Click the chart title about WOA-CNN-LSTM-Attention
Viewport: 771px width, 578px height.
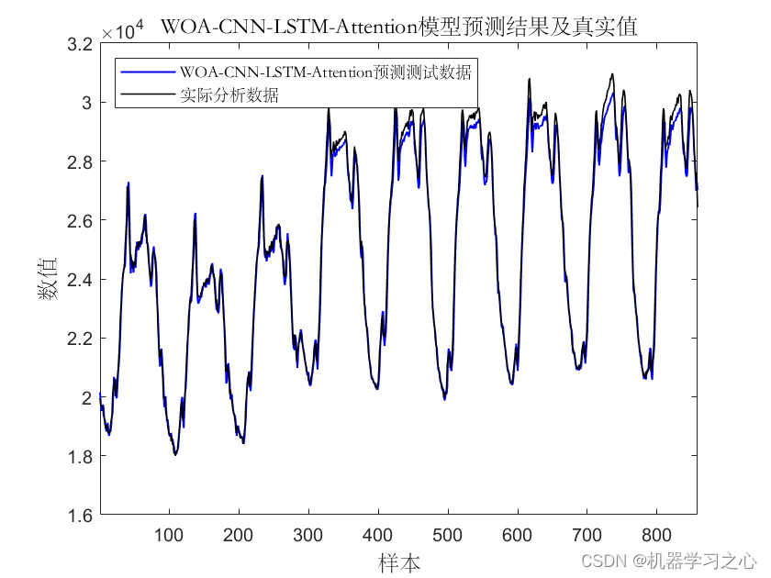point(399,27)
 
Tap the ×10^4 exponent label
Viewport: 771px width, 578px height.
point(122,30)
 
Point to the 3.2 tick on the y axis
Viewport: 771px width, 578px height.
point(80,44)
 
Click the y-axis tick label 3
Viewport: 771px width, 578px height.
point(87,103)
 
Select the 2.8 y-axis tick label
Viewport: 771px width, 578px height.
point(80,161)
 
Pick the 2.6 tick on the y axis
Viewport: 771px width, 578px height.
point(80,221)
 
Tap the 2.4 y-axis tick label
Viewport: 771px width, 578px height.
point(80,280)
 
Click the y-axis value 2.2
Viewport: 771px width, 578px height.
point(80,339)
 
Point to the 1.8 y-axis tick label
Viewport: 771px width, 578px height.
point(80,457)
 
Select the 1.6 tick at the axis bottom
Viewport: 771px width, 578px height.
point(80,516)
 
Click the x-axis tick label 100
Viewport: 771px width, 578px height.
point(169,535)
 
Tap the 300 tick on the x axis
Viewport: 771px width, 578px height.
point(307,535)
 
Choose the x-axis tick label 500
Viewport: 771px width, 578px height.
point(448,535)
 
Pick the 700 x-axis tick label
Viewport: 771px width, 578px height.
point(587,535)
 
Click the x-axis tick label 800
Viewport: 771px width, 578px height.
point(656,535)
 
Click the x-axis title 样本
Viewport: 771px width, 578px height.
point(398,562)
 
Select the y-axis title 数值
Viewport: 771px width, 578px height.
point(48,279)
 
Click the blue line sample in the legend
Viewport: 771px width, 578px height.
point(148,72)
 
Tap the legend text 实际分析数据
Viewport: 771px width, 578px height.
point(229,94)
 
